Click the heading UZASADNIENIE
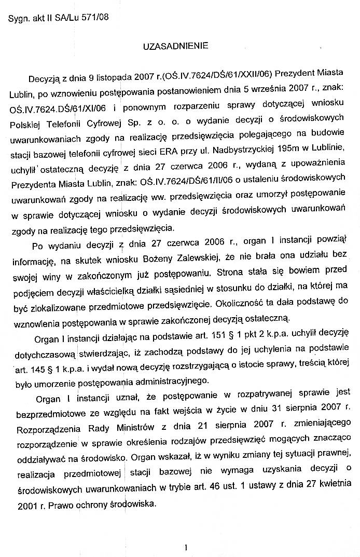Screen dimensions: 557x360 click(x=176, y=46)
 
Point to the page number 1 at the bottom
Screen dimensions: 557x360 click(x=185, y=546)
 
